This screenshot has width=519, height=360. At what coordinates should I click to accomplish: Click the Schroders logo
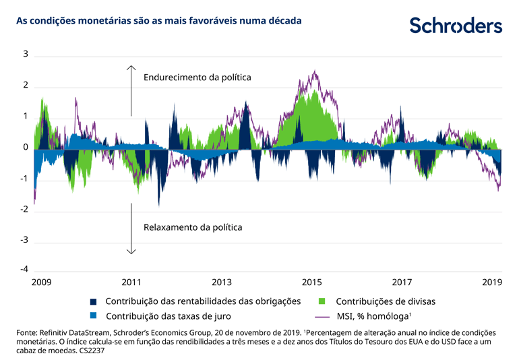[456, 26]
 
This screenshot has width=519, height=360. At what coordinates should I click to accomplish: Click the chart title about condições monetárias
[158, 21]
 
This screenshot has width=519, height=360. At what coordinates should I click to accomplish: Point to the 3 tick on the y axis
[25, 54]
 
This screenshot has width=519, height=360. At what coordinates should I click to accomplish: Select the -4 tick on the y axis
[24, 270]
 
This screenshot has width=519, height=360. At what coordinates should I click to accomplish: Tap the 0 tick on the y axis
[25, 148]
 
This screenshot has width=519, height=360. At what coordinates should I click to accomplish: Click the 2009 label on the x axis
[42, 282]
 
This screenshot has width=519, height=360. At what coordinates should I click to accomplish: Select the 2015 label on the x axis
[311, 282]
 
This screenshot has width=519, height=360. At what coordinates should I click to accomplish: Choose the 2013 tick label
[222, 282]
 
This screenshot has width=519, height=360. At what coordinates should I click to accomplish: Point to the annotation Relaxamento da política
[193, 227]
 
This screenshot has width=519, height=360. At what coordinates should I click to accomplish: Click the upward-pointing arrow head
[131, 67]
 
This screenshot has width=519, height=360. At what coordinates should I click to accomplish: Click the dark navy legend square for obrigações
[94, 302]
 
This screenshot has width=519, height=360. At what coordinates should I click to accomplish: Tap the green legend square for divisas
[322, 302]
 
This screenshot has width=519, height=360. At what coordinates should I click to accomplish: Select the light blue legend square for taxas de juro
[94, 316]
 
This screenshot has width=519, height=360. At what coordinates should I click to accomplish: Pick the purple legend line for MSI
[322, 316]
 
